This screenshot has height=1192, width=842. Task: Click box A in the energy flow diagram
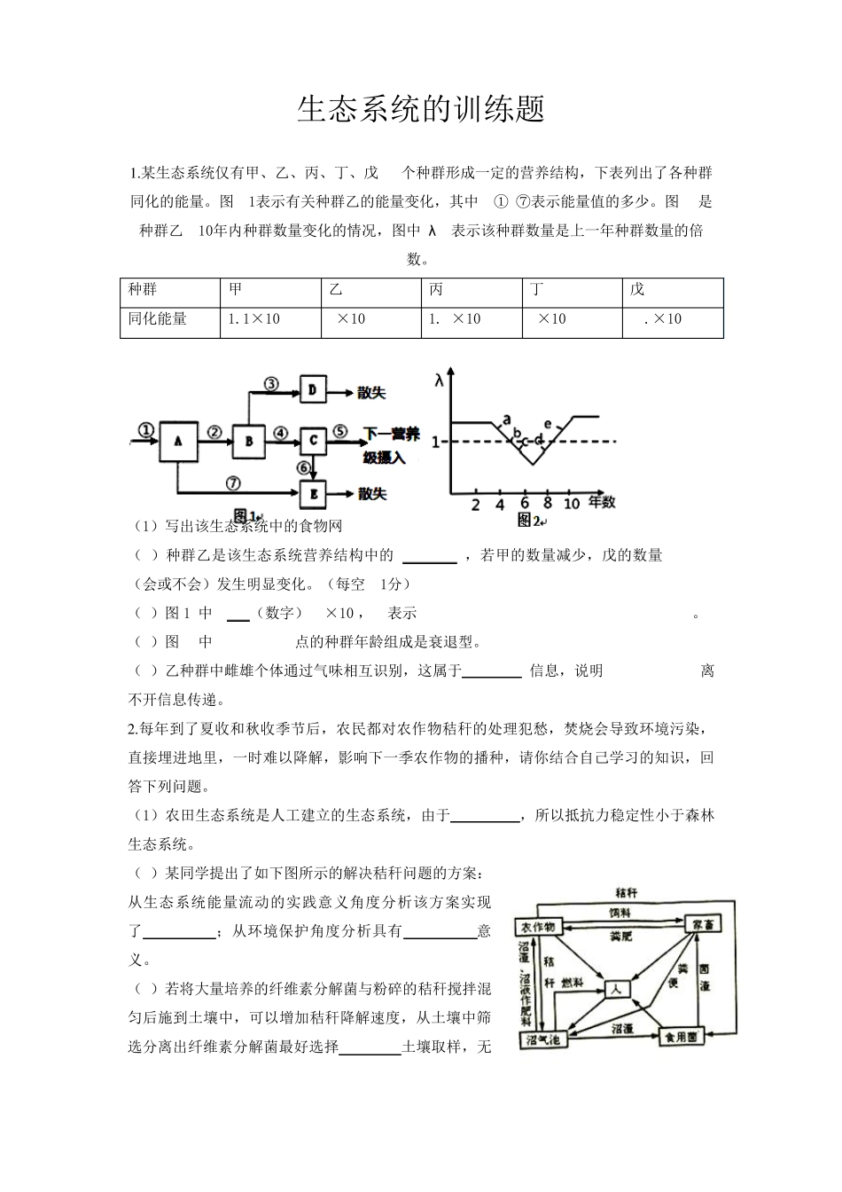pos(178,441)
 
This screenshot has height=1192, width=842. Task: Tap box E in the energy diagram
pos(313,493)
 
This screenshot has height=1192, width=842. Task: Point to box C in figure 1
pos(313,440)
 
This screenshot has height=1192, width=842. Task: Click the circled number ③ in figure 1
pos(271,383)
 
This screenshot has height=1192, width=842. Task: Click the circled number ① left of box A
pos(145,430)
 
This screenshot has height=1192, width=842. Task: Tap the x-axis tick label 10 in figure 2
pos(572,504)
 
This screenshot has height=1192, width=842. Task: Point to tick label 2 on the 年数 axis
pos(475,504)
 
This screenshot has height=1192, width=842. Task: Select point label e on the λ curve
pos(548,424)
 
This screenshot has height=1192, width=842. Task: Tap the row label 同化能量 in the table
pos(158,319)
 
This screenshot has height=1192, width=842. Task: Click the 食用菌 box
pos(680,1037)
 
